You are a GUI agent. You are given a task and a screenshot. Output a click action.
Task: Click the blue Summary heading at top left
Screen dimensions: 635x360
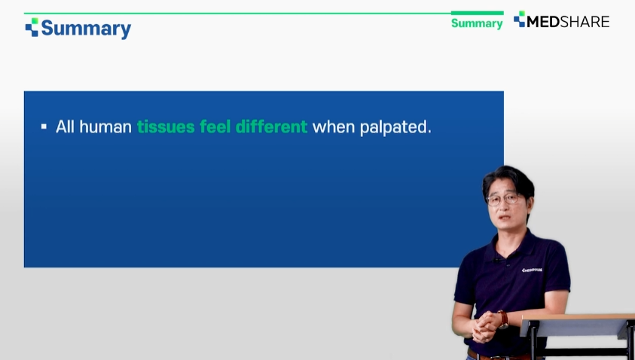[x=86, y=29]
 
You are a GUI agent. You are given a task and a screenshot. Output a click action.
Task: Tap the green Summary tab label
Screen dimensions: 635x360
[x=477, y=23]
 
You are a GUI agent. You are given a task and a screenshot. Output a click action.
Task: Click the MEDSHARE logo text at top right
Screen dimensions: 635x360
[x=568, y=21]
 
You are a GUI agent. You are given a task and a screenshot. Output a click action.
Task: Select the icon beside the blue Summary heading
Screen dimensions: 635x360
[x=32, y=27]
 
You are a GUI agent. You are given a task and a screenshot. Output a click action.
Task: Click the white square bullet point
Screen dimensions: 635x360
[x=44, y=127]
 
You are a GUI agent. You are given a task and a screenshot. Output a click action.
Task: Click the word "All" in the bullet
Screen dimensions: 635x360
[x=65, y=127]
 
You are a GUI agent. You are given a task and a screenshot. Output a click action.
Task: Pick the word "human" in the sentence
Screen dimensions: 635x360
[x=105, y=127]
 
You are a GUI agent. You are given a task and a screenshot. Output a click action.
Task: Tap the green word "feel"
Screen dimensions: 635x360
[x=215, y=127]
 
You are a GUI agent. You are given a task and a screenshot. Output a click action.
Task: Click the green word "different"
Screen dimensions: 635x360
[x=271, y=127]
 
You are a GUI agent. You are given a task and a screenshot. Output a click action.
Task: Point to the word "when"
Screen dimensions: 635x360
[x=334, y=127]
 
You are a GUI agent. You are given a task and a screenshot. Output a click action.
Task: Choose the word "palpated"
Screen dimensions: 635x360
[x=394, y=127]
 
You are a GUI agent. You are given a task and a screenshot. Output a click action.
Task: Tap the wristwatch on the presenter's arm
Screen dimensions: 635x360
[x=502, y=319]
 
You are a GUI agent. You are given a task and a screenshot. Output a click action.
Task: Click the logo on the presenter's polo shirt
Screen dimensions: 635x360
[x=532, y=270]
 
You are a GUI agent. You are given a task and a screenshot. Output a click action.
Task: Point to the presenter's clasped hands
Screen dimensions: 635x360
[x=486, y=326]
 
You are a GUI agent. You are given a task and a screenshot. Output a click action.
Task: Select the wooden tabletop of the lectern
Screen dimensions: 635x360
[x=578, y=317]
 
